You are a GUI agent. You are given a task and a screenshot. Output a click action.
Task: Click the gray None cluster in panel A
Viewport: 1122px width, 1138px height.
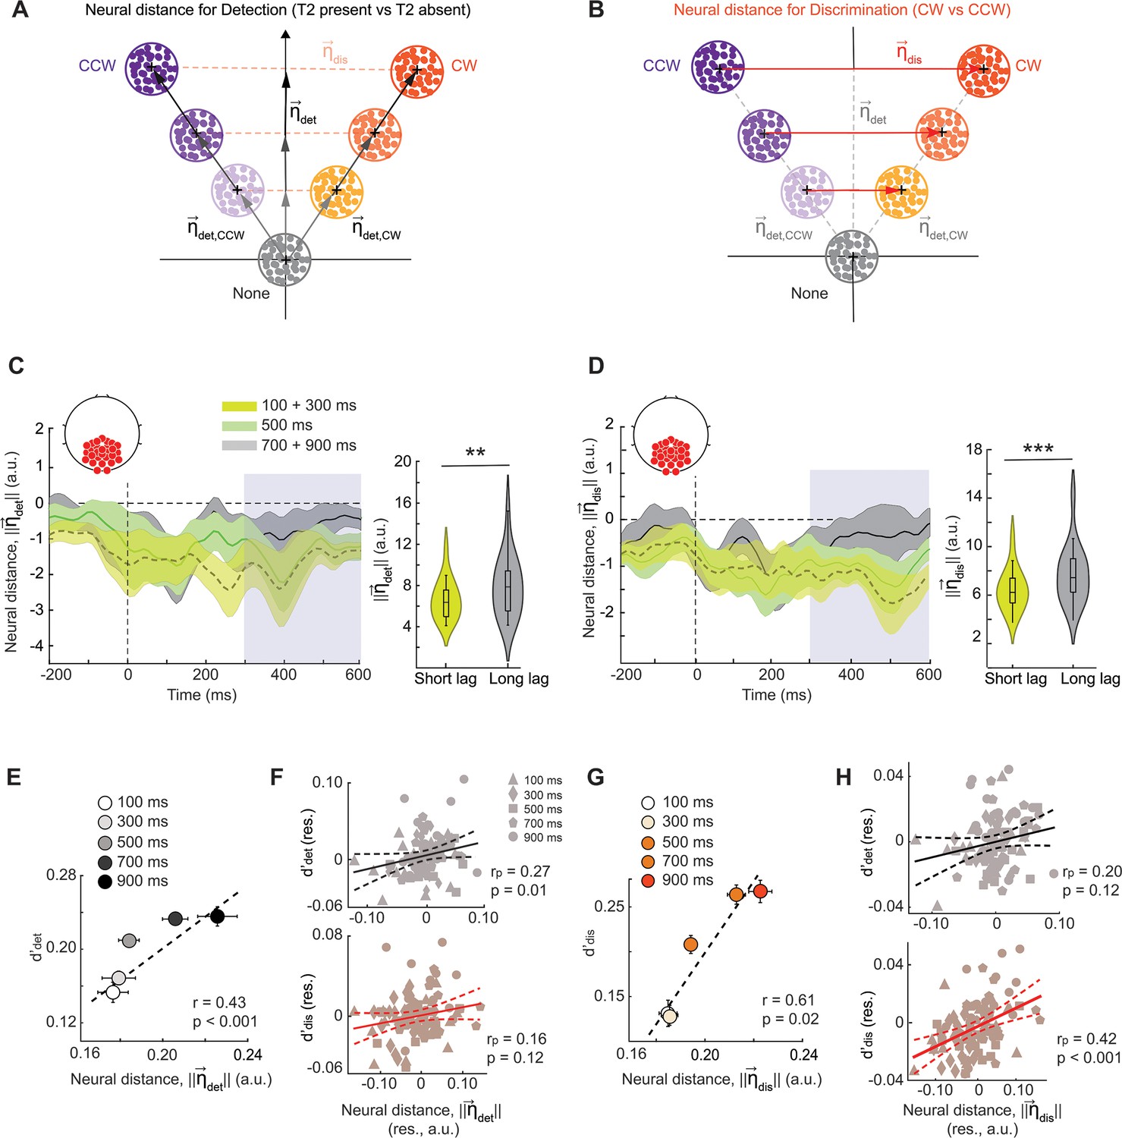tap(285, 259)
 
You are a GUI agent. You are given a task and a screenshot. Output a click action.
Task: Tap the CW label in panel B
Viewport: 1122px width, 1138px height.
tap(1028, 65)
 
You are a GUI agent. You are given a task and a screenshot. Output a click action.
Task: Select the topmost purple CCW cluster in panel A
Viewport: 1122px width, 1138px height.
tap(152, 68)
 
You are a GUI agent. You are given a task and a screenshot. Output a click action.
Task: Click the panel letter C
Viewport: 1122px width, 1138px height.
tap(16, 366)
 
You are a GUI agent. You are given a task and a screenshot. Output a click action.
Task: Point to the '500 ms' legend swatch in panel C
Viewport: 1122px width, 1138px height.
tap(238, 426)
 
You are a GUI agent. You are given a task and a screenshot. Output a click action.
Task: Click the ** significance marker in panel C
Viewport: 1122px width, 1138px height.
tap(476, 453)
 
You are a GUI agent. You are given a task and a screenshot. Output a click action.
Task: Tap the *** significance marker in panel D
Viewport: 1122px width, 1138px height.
tap(1038, 448)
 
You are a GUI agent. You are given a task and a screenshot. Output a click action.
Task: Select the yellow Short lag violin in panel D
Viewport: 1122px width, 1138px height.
tap(1012, 580)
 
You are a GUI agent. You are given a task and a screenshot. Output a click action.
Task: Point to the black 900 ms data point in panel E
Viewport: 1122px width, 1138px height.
tap(218, 916)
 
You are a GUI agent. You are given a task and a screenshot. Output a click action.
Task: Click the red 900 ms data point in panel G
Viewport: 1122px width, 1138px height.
tap(760, 891)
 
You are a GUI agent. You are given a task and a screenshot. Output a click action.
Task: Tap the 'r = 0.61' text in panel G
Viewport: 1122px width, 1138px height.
tap(788, 1000)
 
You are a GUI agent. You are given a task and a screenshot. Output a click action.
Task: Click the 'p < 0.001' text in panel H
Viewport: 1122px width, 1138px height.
tap(1089, 1058)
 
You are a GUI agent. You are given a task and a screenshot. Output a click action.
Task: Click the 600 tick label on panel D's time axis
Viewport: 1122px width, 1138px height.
tap(929, 674)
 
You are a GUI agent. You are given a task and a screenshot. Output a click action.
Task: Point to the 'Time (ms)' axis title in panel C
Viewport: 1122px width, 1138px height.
tap(202, 695)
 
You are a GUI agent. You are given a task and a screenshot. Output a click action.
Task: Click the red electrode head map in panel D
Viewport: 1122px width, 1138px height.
tap(671, 437)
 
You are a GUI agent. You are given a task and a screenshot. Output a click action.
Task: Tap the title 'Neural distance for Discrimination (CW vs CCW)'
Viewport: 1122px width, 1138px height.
tap(842, 10)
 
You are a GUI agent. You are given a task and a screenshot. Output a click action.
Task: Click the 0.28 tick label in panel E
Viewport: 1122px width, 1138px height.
tap(61, 875)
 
